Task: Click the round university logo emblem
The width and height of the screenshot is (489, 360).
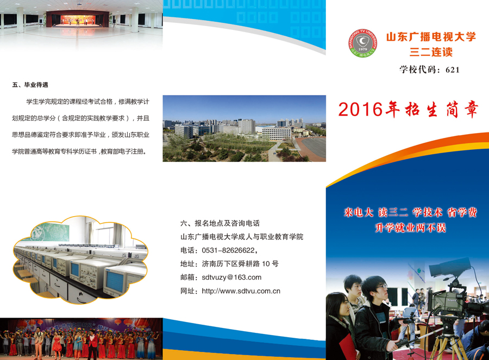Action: point(363,43)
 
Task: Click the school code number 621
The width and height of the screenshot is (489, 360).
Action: point(453,70)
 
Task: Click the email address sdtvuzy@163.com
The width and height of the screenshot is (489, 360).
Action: point(231,277)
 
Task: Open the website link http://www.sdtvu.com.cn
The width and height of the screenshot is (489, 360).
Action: point(241,291)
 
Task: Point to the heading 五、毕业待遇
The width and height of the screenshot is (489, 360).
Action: point(30,85)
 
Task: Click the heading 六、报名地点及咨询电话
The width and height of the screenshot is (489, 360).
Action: point(220,223)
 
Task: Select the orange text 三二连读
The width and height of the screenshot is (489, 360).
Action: point(431,52)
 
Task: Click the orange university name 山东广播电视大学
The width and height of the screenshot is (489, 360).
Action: point(431,37)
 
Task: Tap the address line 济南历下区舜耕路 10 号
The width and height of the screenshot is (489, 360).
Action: point(240,264)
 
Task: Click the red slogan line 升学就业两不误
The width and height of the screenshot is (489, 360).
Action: point(410,228)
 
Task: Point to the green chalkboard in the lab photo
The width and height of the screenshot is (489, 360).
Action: point(51,232)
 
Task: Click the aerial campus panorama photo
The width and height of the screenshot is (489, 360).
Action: point(244,128)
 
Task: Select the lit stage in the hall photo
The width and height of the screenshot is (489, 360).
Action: point(78,20)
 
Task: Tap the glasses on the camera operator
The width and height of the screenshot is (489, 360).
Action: point(382,287)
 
